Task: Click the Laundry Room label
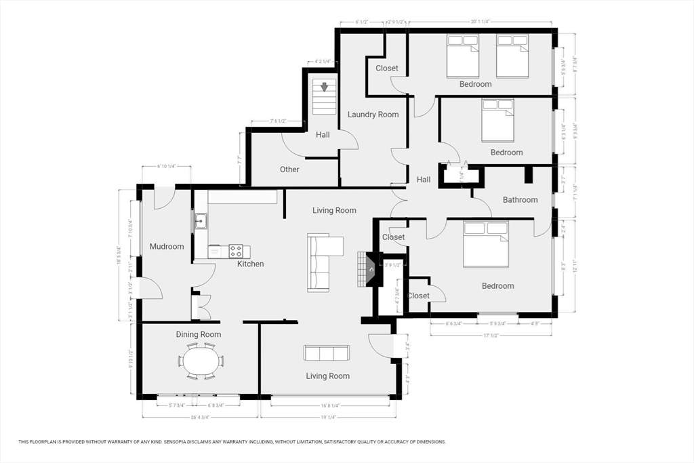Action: (373, 115)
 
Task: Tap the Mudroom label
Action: (167, 247)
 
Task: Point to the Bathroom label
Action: (520, 200)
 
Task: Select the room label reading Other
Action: (289, 169)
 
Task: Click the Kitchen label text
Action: (250, 264)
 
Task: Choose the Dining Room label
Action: (199, 334)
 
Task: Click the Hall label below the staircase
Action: (323, 135)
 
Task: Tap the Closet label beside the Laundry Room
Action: (387, 68)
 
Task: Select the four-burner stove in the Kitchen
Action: (236, 251)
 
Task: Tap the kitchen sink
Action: (201, 220)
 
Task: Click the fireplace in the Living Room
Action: (371, 268)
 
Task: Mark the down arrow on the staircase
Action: (324, 87)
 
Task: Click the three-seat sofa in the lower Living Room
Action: (327, 353)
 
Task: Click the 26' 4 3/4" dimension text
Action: (200, 417)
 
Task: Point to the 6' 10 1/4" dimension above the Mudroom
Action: (166, 166)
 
